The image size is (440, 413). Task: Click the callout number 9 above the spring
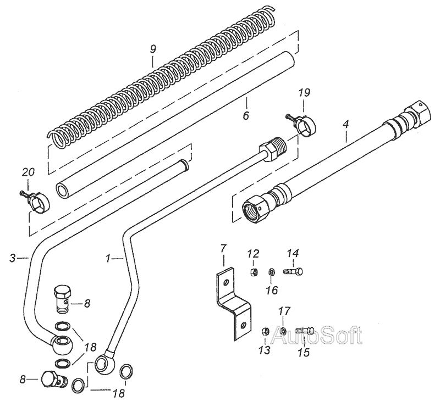tap(153, 49)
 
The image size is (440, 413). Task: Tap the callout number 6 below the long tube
tap(246, 115)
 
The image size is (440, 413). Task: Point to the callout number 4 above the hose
tap(346, 124)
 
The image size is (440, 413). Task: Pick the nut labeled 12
tap(253, 271)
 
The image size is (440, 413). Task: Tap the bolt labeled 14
tap(293, 271)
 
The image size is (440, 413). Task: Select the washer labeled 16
tap(272, 271)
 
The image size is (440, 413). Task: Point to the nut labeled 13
tap(265, 331)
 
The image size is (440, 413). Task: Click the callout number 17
tap(284, 311)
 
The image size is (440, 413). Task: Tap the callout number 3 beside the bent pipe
tap(12, 258)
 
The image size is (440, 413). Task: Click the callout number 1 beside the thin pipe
tap(108, 258)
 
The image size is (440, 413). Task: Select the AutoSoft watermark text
tap(317, 335)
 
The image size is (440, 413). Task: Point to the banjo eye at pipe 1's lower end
tap(105, 364)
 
